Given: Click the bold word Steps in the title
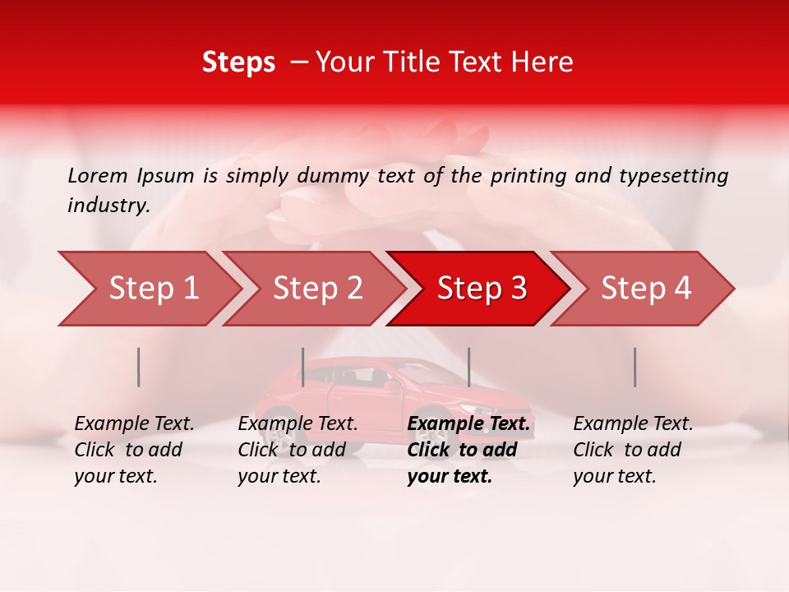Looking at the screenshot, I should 238,62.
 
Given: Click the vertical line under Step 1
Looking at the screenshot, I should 139,367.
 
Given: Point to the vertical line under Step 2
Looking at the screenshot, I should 303,367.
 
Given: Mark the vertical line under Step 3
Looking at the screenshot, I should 468,367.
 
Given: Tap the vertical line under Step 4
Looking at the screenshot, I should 634,367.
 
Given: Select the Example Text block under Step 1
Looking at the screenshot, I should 134,450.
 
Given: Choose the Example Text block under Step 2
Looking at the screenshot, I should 298,450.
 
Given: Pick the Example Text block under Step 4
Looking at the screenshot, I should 633,450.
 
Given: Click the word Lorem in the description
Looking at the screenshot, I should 98,175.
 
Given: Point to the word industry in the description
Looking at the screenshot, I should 108,206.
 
